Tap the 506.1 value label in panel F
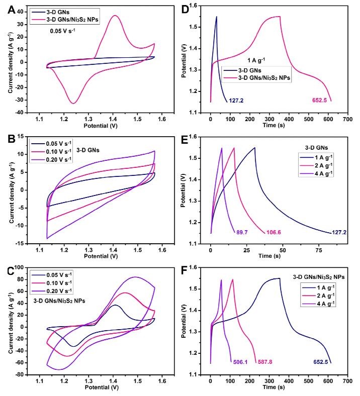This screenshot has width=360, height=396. (x=242, y=361)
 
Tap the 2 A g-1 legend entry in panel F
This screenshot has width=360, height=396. (x=321, y=296)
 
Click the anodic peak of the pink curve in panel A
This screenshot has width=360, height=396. (x=115, y=15)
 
